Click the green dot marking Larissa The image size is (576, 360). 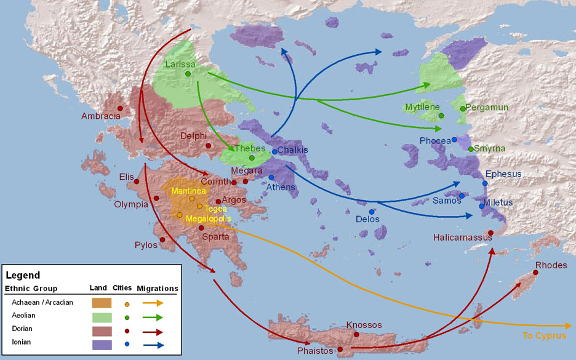[188, 74]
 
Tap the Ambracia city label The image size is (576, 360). [101, 116]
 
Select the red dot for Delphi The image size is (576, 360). [209, 146]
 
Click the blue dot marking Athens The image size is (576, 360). [271, 177]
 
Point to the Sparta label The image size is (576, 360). [217, 236]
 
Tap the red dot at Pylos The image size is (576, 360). [162, 240]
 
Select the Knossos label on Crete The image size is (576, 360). [364, 325]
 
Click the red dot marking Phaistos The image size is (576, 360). [340, 349]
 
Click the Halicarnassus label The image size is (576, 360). [463, 236]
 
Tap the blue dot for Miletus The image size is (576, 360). [482, 206]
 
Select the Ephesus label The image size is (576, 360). [503, 174]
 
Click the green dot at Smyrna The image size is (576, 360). [471, 149]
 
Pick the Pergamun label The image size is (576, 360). [487, 107]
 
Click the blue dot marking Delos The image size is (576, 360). [372, 212]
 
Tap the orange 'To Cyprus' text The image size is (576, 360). [544, 336]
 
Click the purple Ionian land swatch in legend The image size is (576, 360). [102, 344]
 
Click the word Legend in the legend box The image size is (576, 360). [23, 275]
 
